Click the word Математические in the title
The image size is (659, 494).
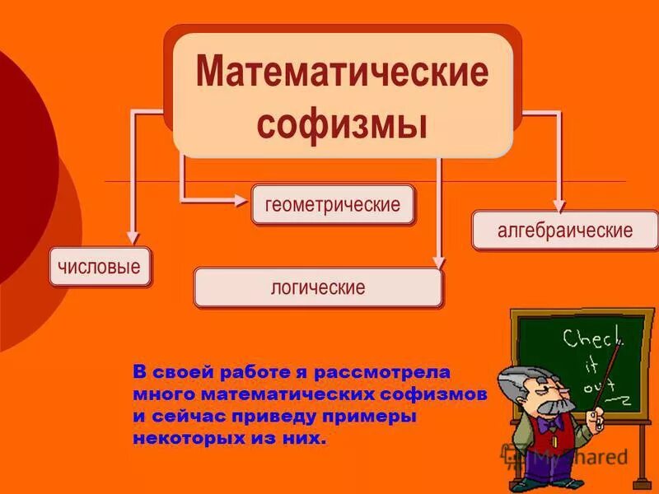tap(342, 73)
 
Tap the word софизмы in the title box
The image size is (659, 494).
tap(342, 125)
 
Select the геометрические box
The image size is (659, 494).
tap(333, 205)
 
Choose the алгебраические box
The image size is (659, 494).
tap(564, 230)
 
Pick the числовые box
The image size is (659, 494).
tap(100, 266)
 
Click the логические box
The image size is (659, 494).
tap(317, 288)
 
